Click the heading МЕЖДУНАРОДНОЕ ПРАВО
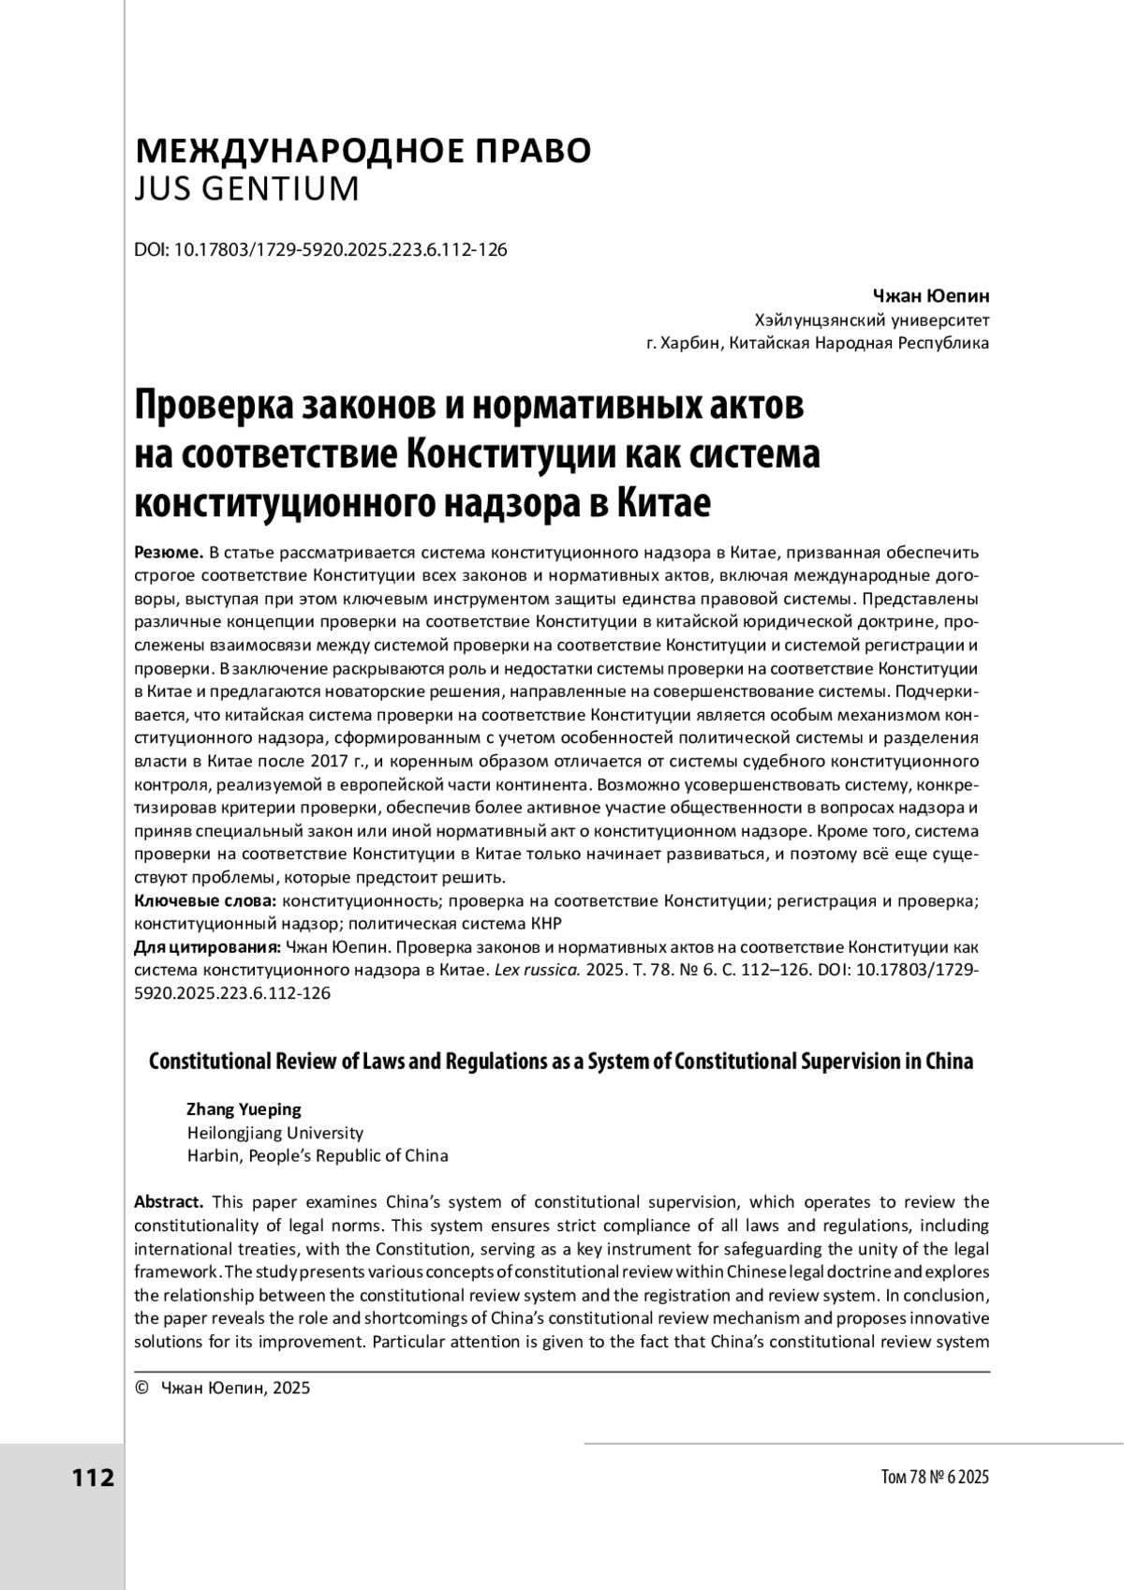point(363,151)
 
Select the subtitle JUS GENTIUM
point(247,189)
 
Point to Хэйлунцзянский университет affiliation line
point(865,320)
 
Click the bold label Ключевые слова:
point(206,901)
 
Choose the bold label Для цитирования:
point(208,947)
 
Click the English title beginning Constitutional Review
point(561,1062)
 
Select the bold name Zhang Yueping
point(244,1109)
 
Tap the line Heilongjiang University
point(275,1133)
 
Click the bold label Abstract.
point(169,1202)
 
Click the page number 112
point(93,1479)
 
